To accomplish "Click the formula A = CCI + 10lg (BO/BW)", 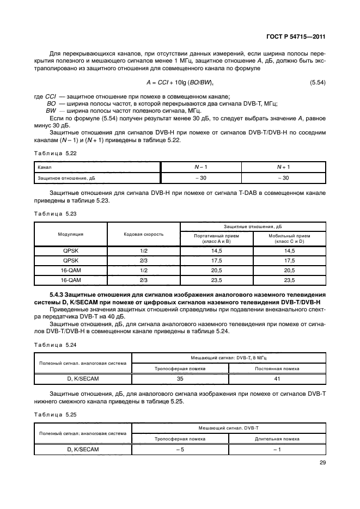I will [x=180, y=82].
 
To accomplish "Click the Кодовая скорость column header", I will [x=144, y=234].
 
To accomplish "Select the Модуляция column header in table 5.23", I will [x=71, y=234].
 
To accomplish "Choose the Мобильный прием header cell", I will [x=289, y=238].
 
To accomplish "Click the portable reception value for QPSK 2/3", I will [x=216, y=260].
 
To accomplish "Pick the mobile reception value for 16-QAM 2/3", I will [x=289, y=280].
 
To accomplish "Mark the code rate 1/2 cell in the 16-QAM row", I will [x=144, y=270].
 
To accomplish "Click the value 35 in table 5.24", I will [x=180, y=378].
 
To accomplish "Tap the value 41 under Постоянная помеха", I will [x=277, y=378].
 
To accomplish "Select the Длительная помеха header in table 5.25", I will [x=277, y=438].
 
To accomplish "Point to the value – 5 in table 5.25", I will [x=180, y=449].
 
